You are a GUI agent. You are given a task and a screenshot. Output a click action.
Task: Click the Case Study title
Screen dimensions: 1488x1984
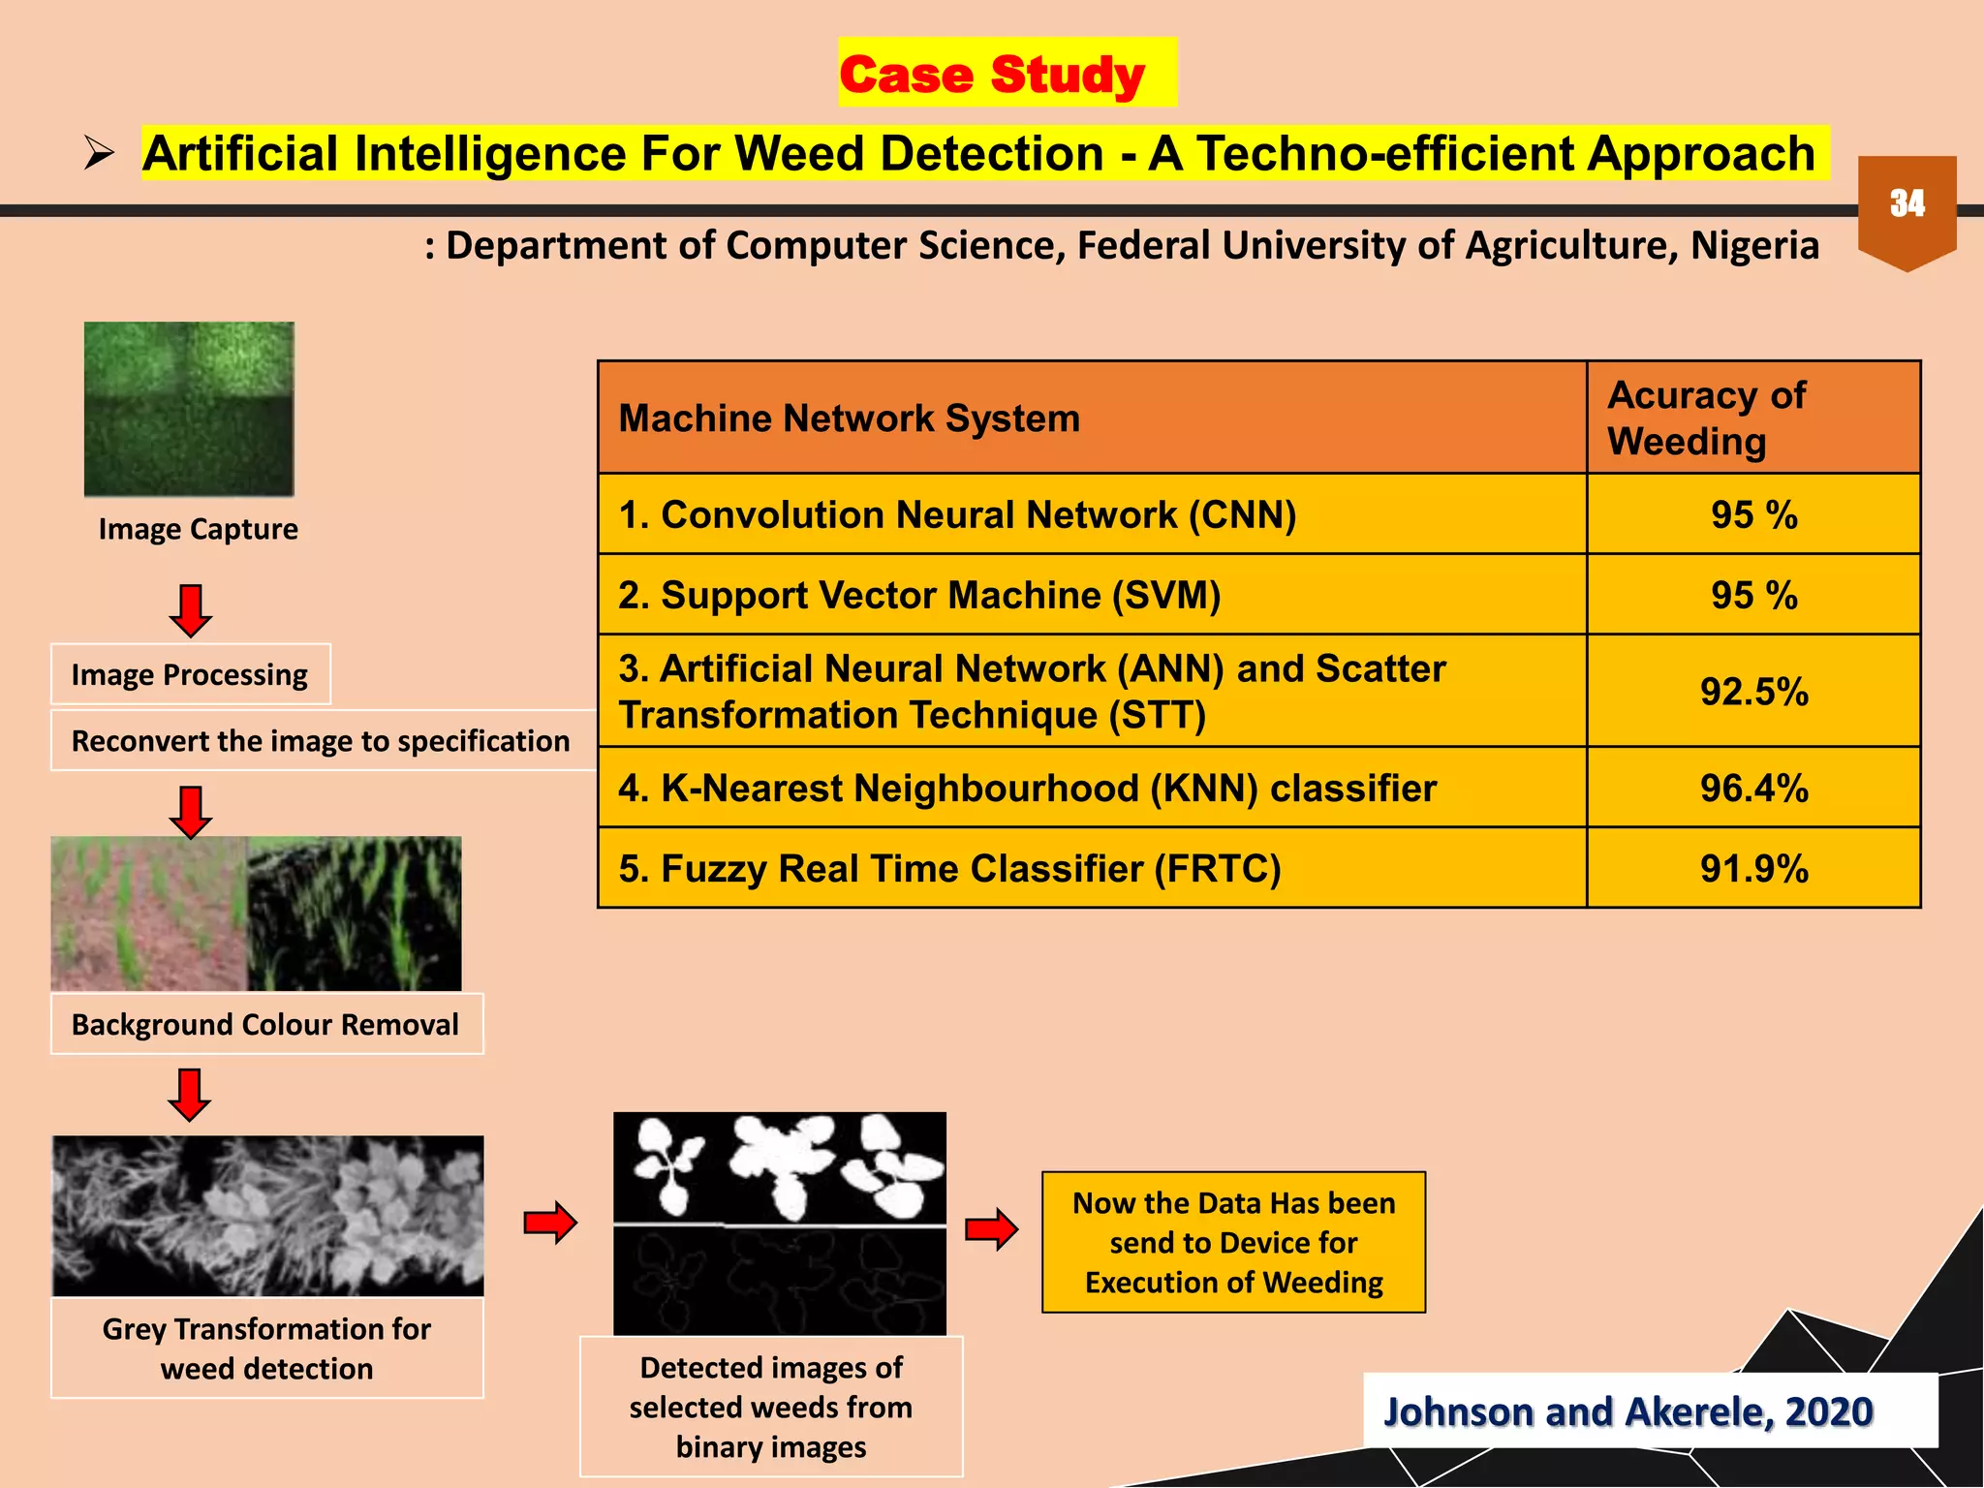(x=993, y=75)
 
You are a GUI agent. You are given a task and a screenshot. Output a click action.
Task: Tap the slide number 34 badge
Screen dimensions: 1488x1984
(x=1906, y=204)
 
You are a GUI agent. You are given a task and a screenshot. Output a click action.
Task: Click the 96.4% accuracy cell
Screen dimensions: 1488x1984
(x=1753, y=788)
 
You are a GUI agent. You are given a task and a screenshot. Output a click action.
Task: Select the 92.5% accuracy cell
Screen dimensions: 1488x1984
(x=1753, y=692)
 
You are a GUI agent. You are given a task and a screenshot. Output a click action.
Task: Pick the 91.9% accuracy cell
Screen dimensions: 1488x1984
(x=1753, y=869)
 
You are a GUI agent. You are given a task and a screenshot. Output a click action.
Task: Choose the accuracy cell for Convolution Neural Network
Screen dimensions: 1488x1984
(x=1753, y=514)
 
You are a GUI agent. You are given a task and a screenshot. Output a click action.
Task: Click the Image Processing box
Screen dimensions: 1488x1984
(x=190, y=674)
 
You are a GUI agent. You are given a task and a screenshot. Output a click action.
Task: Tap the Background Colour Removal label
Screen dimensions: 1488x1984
(x=265, y=1024)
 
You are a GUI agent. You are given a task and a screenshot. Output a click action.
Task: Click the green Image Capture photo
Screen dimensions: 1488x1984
(x=189, y=409)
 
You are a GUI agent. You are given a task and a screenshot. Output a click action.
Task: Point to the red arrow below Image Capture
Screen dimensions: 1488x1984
(x=191, y=609)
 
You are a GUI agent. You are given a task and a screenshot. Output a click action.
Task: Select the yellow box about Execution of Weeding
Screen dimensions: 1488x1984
(x=1233, y=1243)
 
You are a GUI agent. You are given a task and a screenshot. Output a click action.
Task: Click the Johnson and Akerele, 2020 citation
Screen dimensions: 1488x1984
(x=1627, y=1411)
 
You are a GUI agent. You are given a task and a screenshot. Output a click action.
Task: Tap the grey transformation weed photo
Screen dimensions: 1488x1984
(x=267, y=1216)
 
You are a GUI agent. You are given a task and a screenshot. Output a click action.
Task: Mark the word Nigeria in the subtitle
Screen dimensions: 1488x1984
(x=1754, y=246)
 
